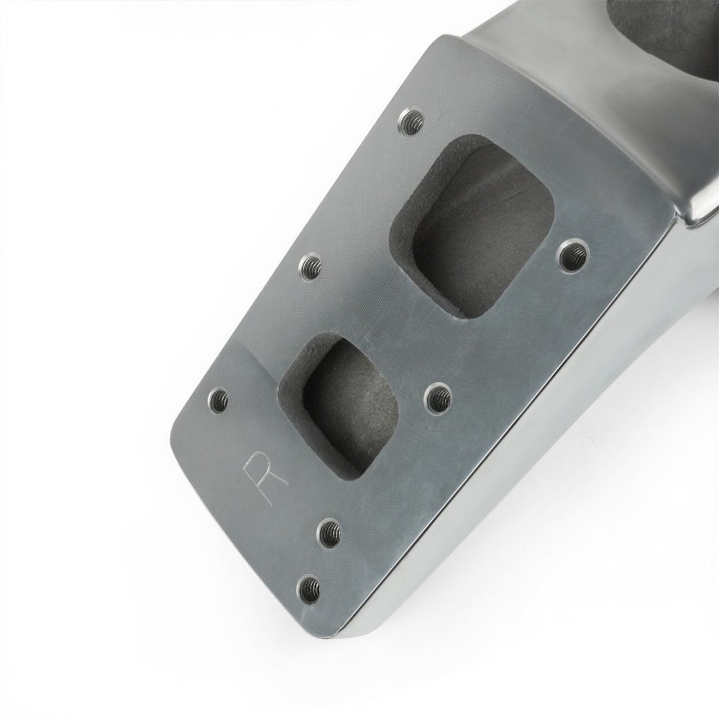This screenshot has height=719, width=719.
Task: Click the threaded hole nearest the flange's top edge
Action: [x=411, y=121]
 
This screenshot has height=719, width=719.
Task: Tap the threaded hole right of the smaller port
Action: [x=437, y=396]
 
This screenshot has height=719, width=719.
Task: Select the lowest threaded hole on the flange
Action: [x=310, y=587]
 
